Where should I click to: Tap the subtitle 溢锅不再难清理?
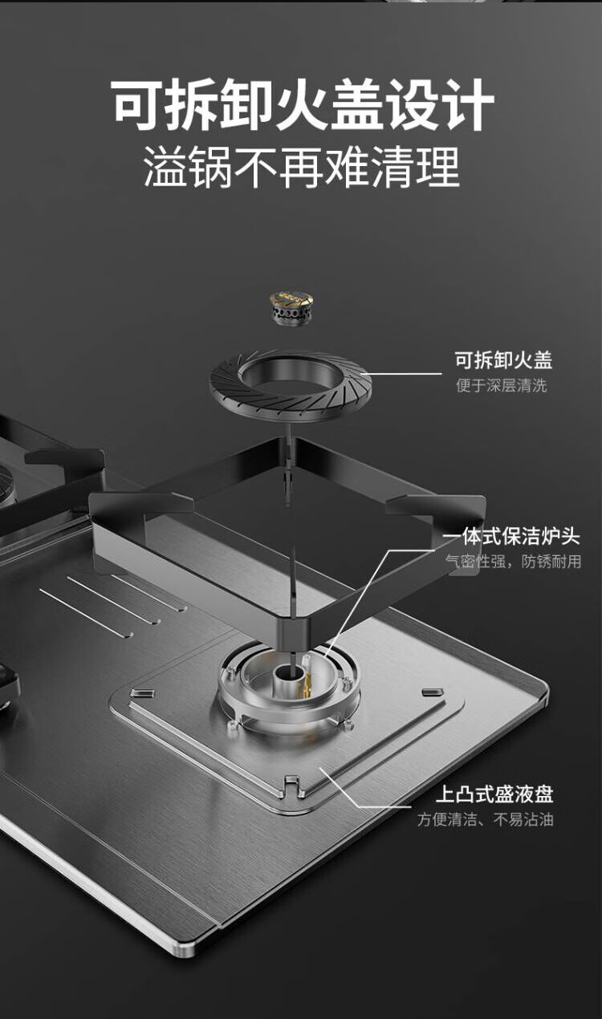tap(302, 168)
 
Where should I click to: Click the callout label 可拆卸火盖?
tap(503, 360)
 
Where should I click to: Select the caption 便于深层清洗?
tap(501, 386)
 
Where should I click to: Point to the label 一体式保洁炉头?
tap(511, 537)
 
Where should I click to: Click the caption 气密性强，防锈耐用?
tap(513, 562)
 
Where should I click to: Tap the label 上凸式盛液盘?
tap(494, 794)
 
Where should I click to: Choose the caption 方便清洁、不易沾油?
tap(485, 820)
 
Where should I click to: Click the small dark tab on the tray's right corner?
tap(433, 692)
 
